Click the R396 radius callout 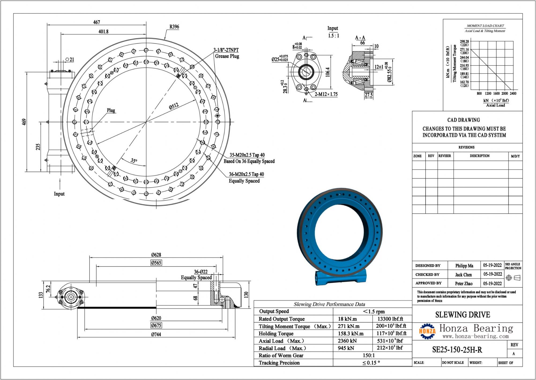(x=174, y=27)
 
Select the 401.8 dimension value (x=103, y=31)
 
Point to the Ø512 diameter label (x=174, y=106)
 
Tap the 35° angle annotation (x=134, y=160)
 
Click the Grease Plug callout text (x=227, y=56)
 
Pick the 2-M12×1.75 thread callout (x=326, y=94)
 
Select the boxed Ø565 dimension (x=156, y=263)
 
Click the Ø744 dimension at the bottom (x=156, y=334)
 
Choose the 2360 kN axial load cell (x=347, y=341)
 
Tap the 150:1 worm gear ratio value (x=369, y=355)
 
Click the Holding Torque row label (x=276, y=334)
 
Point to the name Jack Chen (x=463, y=275)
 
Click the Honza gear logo (x=427, y=331)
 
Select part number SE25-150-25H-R (x=457, y=350)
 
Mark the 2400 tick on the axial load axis (x=513, y=93)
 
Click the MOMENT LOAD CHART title (x=485, y=26)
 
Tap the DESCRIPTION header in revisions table (x=479, y=156)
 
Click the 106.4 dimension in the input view (x=327, y=72)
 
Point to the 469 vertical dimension (x=24, y=122)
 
